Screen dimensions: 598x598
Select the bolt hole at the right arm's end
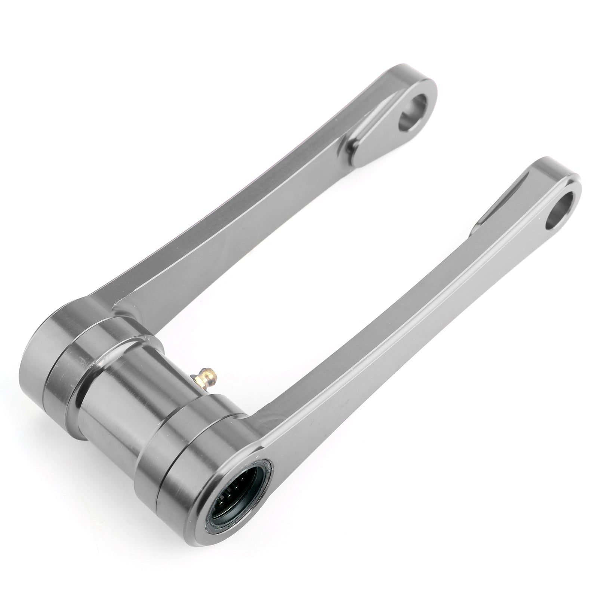tap(560, 205)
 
